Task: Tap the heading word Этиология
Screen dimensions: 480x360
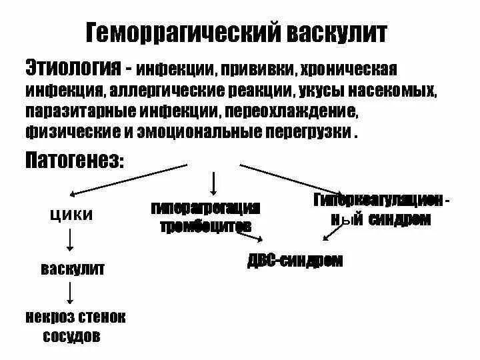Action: click(x=69, y=67)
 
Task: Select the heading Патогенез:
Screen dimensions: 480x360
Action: click(x=74, y=161)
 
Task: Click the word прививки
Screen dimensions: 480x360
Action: click(x=257, y=69)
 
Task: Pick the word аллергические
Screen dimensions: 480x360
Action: click(x=173, y=89)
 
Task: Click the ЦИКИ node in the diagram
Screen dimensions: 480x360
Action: click(x=71, y=215)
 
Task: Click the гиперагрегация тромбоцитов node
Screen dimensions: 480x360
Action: click(x=205, y=216)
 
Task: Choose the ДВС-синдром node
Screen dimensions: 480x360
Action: click(x=294, y=261)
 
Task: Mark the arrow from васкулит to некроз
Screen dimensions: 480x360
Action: click(x=71, y=293)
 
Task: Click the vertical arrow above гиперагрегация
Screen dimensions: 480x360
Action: click(x=213, y=181)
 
